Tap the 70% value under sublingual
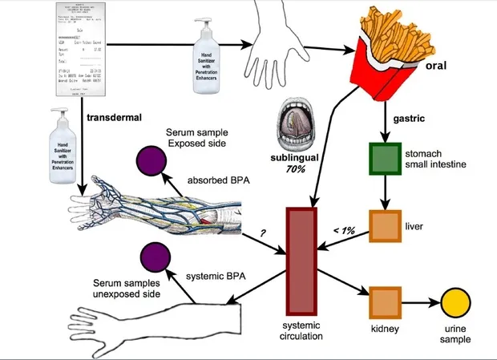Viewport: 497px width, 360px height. pos(299,171)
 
